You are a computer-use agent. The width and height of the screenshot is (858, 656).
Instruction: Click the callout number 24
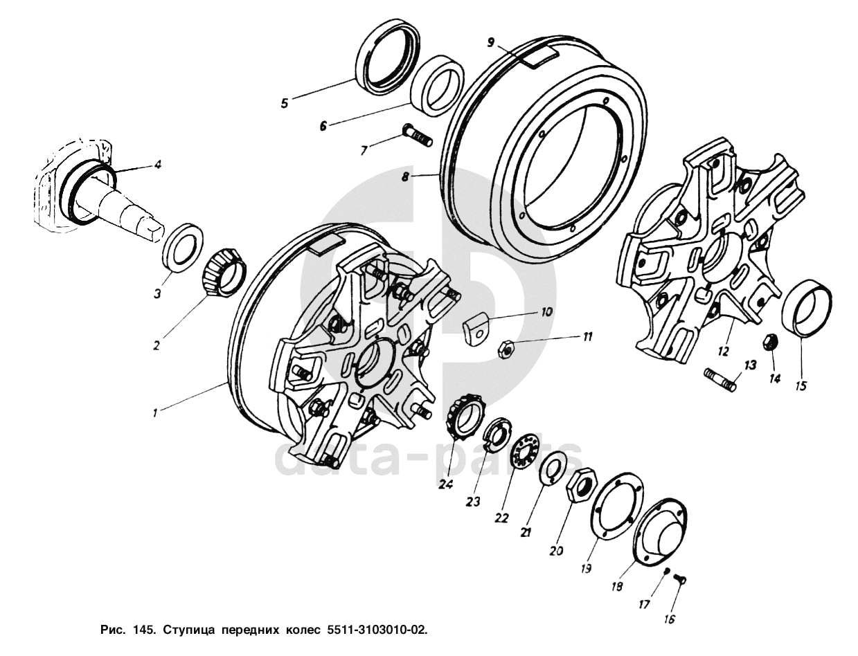tap(445, 484)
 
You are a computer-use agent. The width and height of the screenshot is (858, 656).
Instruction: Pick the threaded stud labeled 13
tap(720, 379)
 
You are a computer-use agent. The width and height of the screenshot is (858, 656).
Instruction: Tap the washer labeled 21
tap(552, 466)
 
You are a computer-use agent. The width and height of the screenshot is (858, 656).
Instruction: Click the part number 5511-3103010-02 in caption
tap(373, 630)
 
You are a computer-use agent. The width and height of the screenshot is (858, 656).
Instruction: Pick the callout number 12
tap(723, 352)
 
